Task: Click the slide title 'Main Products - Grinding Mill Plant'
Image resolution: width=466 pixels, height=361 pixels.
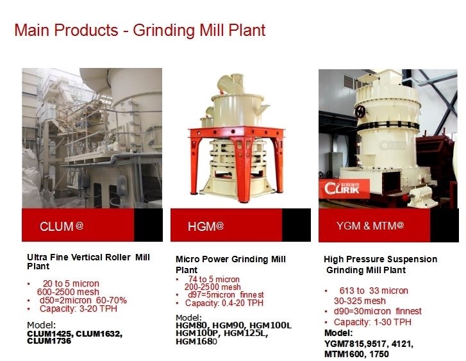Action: pos(140,30)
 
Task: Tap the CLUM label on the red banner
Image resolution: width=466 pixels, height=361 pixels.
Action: pos(62,226)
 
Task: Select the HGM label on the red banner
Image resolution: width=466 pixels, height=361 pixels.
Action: pos(206,226)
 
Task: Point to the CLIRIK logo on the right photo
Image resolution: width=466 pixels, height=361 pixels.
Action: pos(347,190)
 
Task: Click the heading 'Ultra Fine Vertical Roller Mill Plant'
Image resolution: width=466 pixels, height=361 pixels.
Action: pos(88,262)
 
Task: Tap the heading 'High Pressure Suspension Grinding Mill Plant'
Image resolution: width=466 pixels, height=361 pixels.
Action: pos(380,264)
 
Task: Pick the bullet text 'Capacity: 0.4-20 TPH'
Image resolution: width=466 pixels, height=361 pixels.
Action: pos(224,303)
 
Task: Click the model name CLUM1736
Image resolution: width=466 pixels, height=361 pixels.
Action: pos(49,341)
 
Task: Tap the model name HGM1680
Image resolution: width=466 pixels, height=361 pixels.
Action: pos(196,342)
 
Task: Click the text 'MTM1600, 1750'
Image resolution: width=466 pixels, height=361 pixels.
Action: pos(356,353)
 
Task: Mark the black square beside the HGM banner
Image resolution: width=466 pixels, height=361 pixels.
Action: pos(296,225)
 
